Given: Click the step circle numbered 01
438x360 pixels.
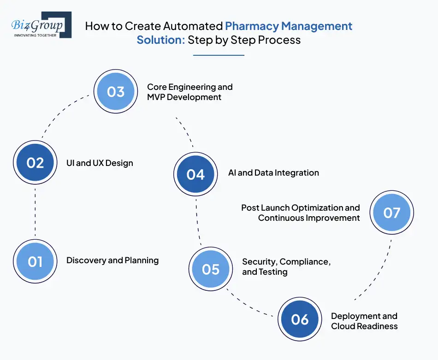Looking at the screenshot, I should coord(35,261).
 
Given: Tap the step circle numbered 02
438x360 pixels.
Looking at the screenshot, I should coord(35,163).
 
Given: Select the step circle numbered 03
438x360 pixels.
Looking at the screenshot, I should coord(116,91).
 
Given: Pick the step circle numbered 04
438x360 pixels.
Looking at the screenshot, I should coord(195,174).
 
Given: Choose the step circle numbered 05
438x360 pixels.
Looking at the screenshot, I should coord(211,269).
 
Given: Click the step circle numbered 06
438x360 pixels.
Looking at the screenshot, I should coord(300,319).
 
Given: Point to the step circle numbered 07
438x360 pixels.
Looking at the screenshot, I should coord(392,212).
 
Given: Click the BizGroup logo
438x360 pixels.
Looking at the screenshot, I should coord(41,25).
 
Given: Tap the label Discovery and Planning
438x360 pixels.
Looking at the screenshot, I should coord(112,260).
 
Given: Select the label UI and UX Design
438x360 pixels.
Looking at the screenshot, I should coord(100,163).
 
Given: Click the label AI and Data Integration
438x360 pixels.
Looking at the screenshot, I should coord(273,173).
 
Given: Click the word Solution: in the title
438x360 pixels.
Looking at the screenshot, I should coord(160,40).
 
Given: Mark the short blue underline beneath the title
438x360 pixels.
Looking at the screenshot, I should coord(219,55).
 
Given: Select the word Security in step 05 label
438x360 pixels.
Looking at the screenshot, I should coord(259,262).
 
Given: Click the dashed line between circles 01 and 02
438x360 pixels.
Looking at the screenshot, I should coord(35,212).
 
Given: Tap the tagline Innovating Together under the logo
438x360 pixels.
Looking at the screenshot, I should coord(36,35).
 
